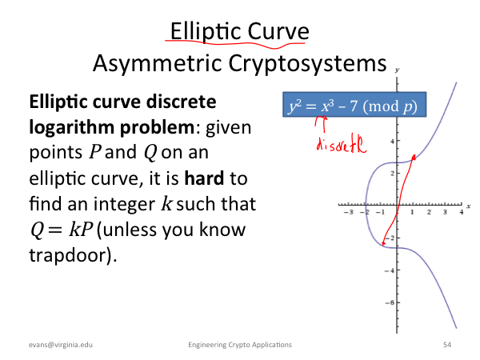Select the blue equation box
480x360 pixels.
coord(354,104)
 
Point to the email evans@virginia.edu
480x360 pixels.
coord(61,345)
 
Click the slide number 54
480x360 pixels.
coord(447,345)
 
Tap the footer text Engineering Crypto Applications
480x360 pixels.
coord(240,345)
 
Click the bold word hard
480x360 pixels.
coord(204,178)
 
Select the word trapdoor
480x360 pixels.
coord(69,255)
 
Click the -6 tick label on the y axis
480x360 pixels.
coord(390,302)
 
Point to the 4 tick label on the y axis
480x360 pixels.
coord(392,141)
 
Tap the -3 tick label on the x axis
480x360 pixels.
coord(349,212)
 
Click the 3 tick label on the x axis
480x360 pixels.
coord(445,212)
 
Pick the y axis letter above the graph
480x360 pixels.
coord(397,70)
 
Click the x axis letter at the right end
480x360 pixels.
coord(468,206)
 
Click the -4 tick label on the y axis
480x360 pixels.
coord(390,270)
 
